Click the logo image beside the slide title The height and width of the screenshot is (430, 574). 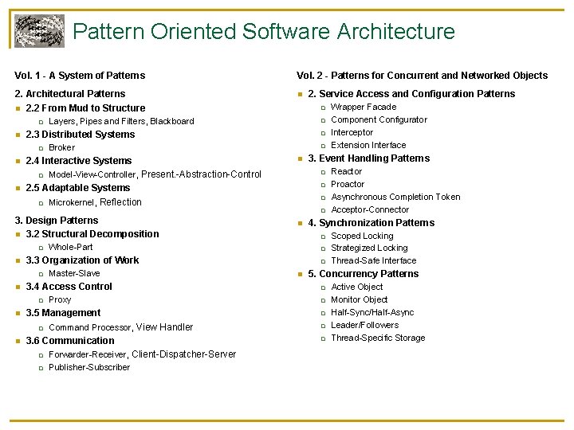[39, 31]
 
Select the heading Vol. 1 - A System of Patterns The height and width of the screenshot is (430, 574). [80, 76]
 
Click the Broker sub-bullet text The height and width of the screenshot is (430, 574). [61, 147]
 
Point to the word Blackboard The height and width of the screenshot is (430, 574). [172, 121]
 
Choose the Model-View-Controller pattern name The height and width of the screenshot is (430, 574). [92, 174]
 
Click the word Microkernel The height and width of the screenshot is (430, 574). [71, 202]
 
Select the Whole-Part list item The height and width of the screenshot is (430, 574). [70, 247]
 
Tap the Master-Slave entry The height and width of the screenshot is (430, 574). [74, 273]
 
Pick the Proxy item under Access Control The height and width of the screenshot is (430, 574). [60, 299]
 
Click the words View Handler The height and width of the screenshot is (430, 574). [164, 327]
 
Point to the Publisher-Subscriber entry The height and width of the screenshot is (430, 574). [89, 367]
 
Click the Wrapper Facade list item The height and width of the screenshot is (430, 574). [364, 107]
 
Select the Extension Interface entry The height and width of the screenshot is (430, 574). [368, 145]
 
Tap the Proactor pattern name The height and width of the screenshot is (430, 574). [348, 184]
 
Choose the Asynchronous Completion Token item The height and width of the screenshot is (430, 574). [395, 197]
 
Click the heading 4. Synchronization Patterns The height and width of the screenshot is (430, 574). [372, 223]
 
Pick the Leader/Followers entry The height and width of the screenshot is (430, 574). [365, 325]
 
